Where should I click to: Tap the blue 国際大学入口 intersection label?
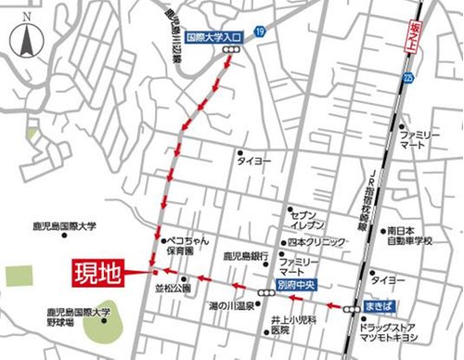pos(213,39)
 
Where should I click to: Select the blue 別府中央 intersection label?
pos(298,286)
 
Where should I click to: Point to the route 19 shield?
pos(260,32)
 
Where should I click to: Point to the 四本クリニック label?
pos(317,241)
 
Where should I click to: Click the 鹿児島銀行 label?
pos(246,255)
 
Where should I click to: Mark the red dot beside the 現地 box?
pos(151,273)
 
